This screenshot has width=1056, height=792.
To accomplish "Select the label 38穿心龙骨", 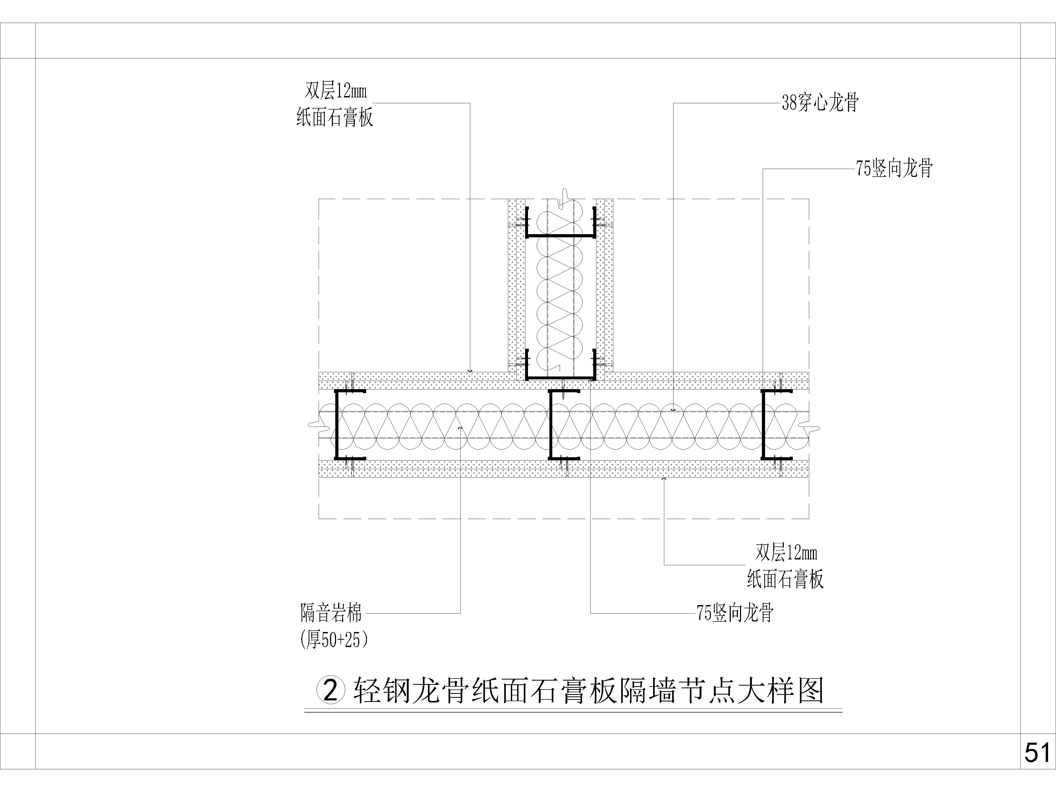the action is click(820, 103).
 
